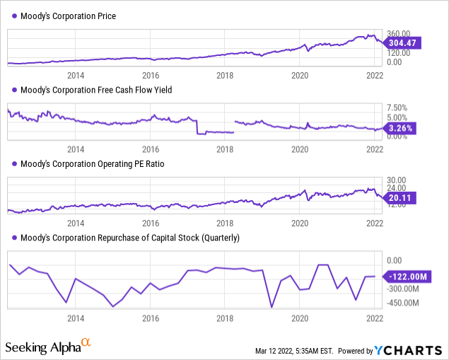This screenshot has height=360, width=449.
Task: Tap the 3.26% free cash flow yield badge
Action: pyautogui.click(x=400, y=129)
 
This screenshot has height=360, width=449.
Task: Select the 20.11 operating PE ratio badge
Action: pyautogui.click(x=400, y=199)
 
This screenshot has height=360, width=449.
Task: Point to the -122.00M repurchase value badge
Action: pyautogui.click(x=406, y=277)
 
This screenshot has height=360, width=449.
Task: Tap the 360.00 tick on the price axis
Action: pyautogui.click(x=399, y=33)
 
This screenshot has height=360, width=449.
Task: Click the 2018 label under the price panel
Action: pyautogui.click(x=225, y=75)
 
